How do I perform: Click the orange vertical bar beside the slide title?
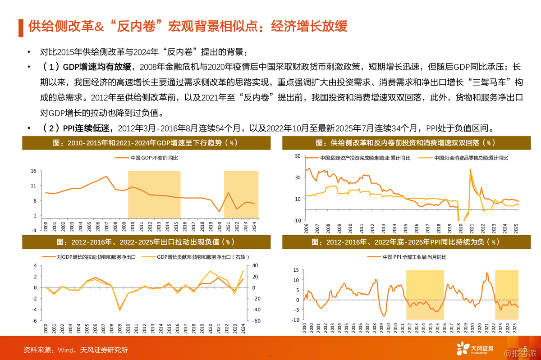[x=20, y=27]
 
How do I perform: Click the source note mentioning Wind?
[x=76, y=350]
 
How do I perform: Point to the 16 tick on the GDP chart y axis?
[x=33, y=171]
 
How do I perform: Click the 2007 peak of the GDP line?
[x=106, y=176]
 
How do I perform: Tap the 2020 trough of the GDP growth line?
[x=219, y=211]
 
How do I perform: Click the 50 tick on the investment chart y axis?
[x=297, y=156]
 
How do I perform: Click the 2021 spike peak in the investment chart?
[x=470, y=170]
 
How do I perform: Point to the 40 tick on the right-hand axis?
[x=255, y=265]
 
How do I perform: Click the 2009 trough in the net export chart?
[x=119, y=310]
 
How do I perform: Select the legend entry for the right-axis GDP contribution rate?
[x=189, y=257]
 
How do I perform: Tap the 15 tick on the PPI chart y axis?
[x=296, y=270]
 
